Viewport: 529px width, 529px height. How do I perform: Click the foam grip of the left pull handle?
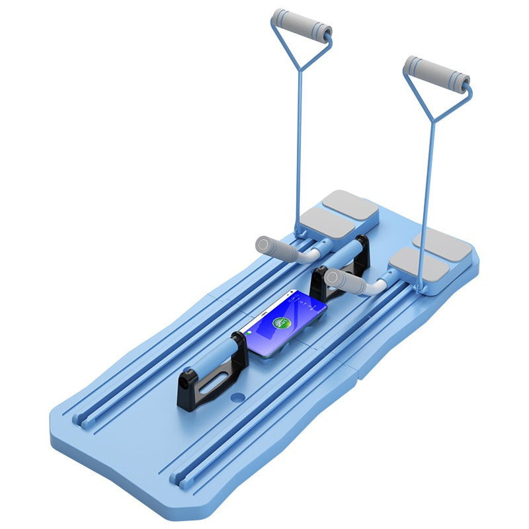point(302,25)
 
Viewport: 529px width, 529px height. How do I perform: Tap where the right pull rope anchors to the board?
point(418,288)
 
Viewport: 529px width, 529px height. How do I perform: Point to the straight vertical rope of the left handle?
point(300,145)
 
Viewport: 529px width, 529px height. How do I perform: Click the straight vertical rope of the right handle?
point(427,198)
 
